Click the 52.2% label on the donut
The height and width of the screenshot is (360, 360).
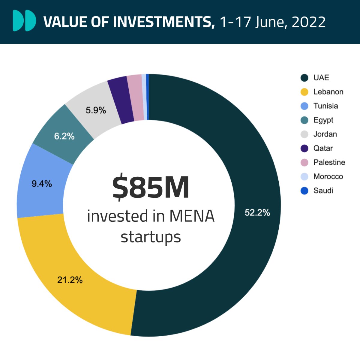(x=257, y=213)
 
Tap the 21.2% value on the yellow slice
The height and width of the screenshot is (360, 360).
(x=70, y=280)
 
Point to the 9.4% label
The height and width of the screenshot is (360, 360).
(x=42, y=184)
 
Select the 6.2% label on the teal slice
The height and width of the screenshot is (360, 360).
(x=64, y=136)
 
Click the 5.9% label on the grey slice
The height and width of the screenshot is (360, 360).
(x=96, y=110)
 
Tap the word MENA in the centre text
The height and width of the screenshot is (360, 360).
(x=192, y=216)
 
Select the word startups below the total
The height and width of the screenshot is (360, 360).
(x=151, y=237)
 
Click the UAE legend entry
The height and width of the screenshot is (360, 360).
(x=321, y=78)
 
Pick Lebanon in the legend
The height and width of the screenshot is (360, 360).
(x=328, y=92)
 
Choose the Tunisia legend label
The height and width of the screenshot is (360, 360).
(x=325, y=106)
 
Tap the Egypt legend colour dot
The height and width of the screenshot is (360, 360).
(x=304, y=120)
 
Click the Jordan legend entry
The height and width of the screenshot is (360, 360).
(x=325, y=134)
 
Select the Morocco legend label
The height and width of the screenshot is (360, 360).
(x=328, y=176)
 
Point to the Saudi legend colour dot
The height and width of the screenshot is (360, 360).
(x=304, y=190)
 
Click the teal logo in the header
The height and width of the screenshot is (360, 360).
(x=24, y=21)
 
